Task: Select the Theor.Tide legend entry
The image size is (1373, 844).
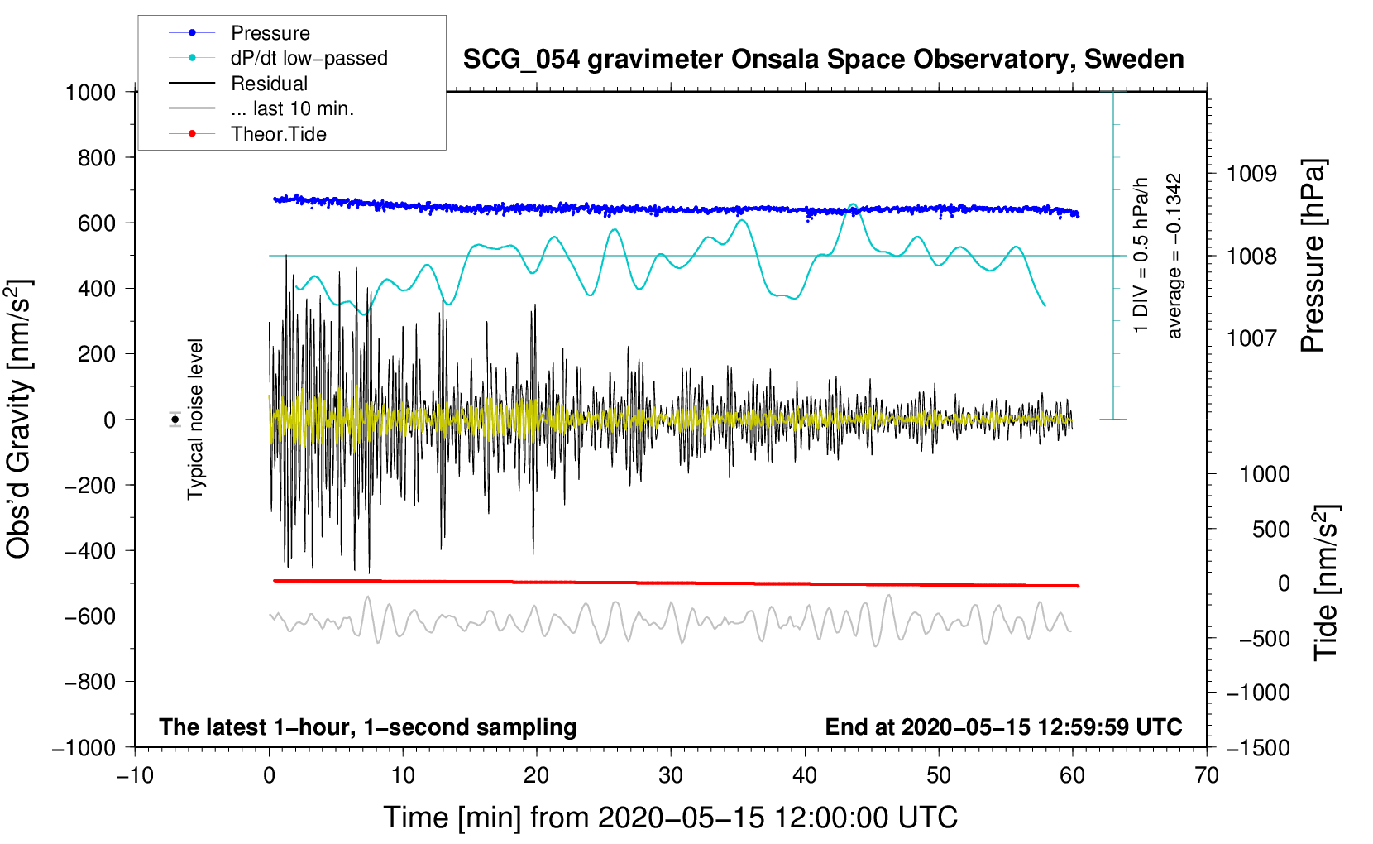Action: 278,134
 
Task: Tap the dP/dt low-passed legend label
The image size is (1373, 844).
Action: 309,58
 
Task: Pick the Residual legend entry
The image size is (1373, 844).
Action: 269,84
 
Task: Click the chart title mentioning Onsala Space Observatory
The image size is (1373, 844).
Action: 823,60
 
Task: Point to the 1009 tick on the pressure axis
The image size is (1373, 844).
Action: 1251,174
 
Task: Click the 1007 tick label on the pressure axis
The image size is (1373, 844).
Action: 1251,338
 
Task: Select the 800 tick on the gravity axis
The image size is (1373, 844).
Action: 97,157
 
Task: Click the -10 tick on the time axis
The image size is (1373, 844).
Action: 135,775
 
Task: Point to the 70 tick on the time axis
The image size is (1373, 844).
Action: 1207,775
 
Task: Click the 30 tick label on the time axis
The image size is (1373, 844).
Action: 671,775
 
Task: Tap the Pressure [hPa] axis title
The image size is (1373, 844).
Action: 1313,257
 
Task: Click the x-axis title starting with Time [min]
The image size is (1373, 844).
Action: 670,818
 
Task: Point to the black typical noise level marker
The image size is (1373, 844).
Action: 175,420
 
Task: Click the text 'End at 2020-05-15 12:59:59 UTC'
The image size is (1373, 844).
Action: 1003,727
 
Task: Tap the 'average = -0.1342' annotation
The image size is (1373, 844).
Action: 1174,257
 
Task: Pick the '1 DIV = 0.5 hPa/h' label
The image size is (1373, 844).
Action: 1141,255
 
